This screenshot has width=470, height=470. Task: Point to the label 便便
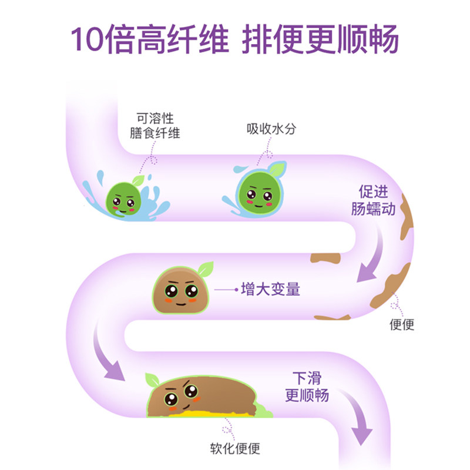(x=402, y=324)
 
